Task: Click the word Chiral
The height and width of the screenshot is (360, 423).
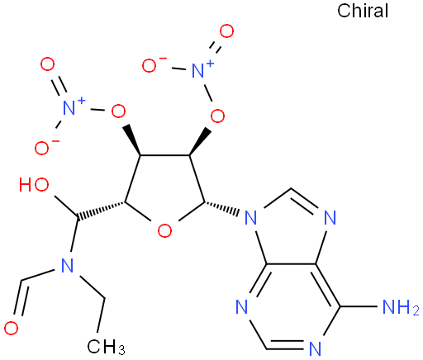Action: [x=363, y=12]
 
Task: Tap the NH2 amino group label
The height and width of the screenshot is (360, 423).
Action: [x=401, y=307]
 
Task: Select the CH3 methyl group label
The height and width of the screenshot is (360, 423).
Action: [x=107, y=346]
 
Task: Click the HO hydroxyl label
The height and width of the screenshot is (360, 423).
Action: [x=34, y=184]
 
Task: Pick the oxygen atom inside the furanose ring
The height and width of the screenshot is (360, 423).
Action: [x=164, y=230]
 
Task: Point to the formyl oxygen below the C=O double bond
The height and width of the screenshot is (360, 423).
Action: [x=11, y=328]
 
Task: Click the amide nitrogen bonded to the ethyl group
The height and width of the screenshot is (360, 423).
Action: [x=68, y=265]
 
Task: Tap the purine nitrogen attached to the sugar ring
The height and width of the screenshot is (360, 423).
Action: [x=250, y=217]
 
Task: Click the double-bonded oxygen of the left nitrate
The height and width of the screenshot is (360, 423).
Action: [x=47, y=64]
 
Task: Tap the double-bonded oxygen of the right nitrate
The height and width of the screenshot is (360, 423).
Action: [x=226, y=31]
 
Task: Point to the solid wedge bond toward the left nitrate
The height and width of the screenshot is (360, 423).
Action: [x=133, y=140]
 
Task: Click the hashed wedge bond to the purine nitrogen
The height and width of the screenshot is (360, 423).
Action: [x=221, y=207]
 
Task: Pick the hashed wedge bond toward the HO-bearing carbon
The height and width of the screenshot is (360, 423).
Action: [x=101, y=211]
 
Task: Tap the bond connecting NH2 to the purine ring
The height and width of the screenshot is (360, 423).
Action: [x=360, y=306]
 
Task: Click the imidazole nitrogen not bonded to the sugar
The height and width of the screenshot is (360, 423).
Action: [x=330, y=217]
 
